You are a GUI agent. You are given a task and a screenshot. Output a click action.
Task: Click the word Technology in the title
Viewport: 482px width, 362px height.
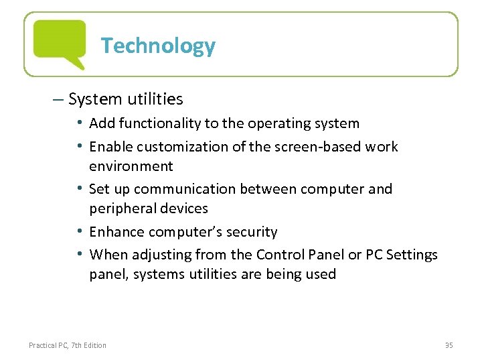[x=158, y=46]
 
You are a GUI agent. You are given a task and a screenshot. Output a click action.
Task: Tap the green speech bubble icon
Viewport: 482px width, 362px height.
[x=60, y=43]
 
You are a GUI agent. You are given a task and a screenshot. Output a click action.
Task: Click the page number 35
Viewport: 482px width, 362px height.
[x=449, y=345]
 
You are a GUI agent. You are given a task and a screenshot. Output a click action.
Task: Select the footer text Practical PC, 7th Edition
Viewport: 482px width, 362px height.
[x=67, y=345]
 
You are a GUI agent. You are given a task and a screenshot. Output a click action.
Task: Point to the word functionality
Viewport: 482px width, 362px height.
[x=153, y=123]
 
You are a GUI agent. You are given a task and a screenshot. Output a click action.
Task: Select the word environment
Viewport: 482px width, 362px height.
[x=131, y=166]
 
